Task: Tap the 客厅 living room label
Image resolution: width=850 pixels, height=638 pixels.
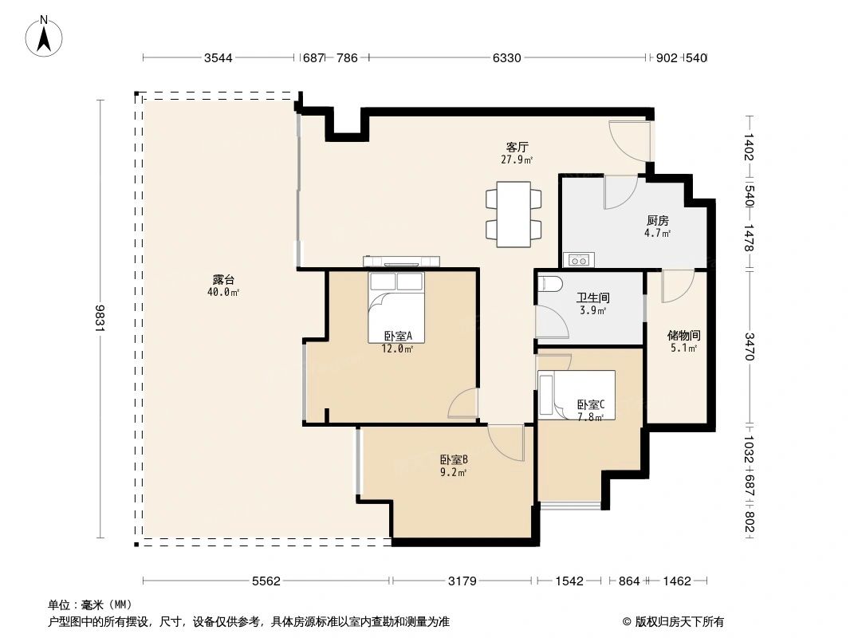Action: click(517, 147)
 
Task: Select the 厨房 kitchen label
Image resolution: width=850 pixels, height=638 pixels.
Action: click(657, 221)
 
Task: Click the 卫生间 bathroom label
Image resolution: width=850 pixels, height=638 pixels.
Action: click(592, 298)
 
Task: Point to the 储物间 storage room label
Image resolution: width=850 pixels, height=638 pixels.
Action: click(683, 336)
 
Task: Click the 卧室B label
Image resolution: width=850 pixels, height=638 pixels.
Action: click(453, 459)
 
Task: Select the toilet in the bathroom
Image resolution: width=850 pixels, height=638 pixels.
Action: click(551, 285)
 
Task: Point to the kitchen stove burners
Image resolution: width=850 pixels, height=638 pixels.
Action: click(577, 259)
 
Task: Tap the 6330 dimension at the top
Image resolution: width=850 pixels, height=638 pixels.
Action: click(506, 58)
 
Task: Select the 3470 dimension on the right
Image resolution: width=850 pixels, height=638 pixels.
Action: click(749, 346)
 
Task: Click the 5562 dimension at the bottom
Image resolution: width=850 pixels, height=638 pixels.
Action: click(266, 581)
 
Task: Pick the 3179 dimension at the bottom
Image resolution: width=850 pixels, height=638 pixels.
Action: click(462, 581)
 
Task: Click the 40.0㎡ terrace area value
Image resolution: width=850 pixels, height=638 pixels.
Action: click(223, 292)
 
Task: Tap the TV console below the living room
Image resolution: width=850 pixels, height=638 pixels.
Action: click(402, 261)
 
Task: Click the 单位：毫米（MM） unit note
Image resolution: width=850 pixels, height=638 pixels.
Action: click(89, 605)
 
